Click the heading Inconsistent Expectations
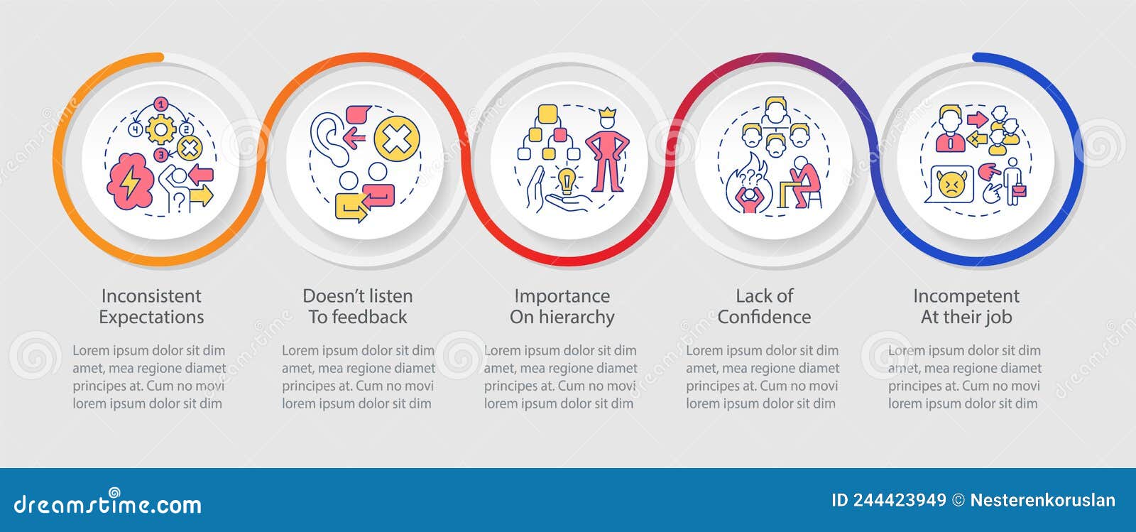pos(151,306)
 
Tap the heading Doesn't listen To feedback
pos(358,306)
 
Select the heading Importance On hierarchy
pos(562,306)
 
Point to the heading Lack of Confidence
pos(764,306)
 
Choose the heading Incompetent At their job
pos(966,306)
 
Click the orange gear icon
pos(160,130)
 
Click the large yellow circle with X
pos(397,139)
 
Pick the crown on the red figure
pos(607,114)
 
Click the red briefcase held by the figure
pos(1020,190)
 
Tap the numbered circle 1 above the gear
pos(162,105)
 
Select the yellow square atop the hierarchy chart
pos(547,113)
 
